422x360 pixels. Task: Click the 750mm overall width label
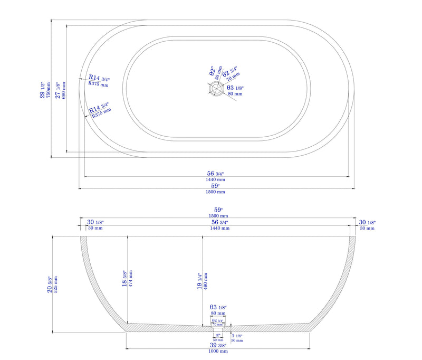(x=49, y=90)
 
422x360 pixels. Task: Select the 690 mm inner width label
(x=64, y=90)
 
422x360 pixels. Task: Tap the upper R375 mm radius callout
(x=98, y=84)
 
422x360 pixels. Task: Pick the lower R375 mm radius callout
(x=101, y=112)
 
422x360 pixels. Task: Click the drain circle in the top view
(x=216, y=90)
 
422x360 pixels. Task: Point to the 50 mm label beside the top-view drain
(x=217, y=73)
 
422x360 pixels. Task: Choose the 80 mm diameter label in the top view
(x=234, y=94)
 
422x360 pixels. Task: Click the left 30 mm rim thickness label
(x=95, y=229)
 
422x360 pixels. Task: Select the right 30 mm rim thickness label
(x=367, y=229)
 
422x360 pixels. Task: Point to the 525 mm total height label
(x=56, y=285)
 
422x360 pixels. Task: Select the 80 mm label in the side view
(x=217, y=313)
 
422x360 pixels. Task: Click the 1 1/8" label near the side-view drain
(x=237, y=336)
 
